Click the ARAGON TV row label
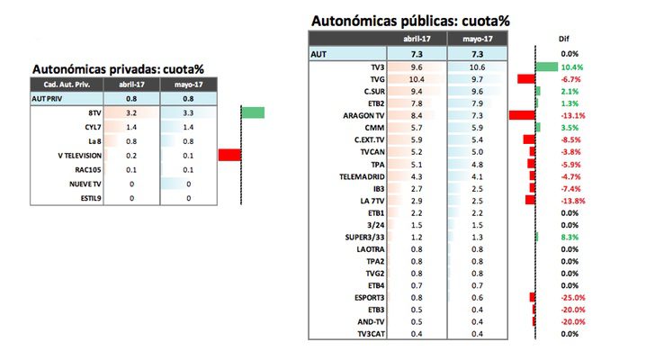tap(365, 116)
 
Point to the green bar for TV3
tap(546, 67)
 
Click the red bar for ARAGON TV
tap(522, 116)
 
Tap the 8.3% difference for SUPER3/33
tap(573, 237)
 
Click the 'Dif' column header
tap(564, 40)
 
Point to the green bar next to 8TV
tap(253, 112)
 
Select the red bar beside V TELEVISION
tap(229, 156)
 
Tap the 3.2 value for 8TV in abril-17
tap(131, 113)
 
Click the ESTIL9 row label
tap(87, 197)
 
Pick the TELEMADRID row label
tap(364, 176)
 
